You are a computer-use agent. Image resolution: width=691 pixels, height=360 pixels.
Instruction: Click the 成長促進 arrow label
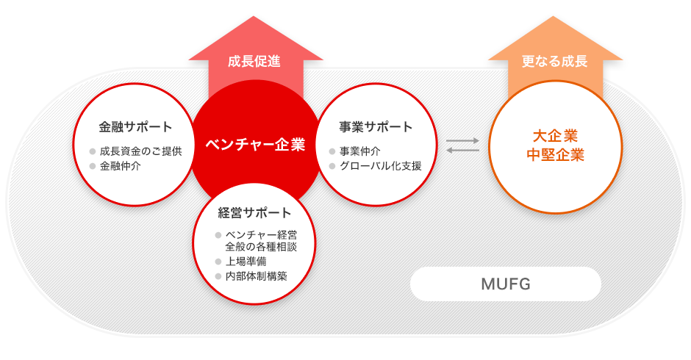[254, 61]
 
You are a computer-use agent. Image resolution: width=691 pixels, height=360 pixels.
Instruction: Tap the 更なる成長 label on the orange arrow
[554, 61]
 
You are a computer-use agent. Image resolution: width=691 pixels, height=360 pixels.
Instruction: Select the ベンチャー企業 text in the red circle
[255, 145]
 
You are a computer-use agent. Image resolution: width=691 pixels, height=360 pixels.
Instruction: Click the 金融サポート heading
[135, 127]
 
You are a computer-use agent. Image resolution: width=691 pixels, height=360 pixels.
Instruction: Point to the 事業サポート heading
[376, 127]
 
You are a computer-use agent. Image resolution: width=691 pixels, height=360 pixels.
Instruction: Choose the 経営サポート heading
[254, 213]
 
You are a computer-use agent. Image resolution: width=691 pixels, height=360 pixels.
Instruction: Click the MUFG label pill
[506, 284]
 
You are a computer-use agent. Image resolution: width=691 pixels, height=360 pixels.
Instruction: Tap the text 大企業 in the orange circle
[555, 136]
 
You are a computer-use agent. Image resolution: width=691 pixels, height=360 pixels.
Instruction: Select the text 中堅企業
[555, 155]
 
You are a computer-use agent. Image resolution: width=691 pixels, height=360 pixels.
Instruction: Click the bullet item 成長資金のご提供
[140, 151]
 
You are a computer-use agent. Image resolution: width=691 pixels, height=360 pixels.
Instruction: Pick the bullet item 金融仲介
[120, 166]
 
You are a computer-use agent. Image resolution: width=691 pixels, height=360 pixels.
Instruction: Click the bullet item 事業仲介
[359, 151]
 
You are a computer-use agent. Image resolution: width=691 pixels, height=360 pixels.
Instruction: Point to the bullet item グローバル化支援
[380, 166]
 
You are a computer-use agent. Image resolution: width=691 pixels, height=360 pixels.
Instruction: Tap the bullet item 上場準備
[246, 262]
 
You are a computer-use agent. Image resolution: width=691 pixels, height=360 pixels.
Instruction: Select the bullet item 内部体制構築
[256, 276]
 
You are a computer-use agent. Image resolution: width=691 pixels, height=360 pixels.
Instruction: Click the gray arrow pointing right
[462, 141]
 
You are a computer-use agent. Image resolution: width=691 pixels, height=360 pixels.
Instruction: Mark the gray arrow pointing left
[462, 151]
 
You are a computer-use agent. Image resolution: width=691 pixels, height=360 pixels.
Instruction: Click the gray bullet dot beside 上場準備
[218, 262]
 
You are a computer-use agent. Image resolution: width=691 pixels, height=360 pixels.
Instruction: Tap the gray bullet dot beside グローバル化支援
[332, 166]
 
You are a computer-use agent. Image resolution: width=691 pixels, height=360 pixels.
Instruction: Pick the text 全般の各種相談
[261, 247]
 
